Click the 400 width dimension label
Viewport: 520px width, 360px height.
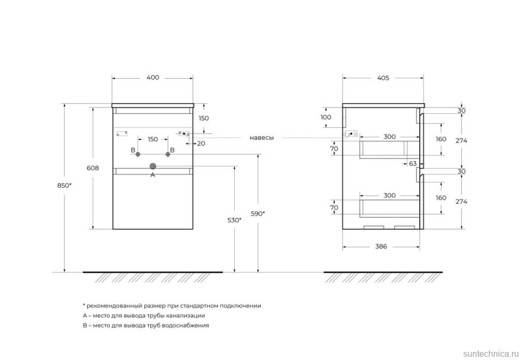(x=152, y=78)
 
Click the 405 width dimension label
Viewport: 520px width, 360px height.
(x=383, y=78)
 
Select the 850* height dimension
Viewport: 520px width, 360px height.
(x=64, y=185)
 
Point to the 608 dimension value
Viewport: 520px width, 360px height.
(x=92, y=167)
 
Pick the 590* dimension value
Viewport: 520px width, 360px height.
(x=258, y=214)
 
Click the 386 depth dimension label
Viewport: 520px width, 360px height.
(x=381, y=247)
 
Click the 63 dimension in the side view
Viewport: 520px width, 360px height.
(x=413, y=164)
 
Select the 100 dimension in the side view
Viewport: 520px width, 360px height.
(x=326, y=117)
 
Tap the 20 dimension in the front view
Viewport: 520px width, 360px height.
(x=201, y=143)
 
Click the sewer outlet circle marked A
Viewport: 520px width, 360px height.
(x=153, y=166)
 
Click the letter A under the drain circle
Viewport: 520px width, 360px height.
(x=153, y=175)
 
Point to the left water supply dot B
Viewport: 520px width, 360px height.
(x=138, y=154)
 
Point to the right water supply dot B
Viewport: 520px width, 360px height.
(x=168, y=154)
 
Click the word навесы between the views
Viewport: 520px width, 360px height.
(x=262, y=138)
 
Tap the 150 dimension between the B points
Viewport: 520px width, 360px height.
(x=153, y=139)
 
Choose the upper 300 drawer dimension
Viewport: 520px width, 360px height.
(x=390, y=137)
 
